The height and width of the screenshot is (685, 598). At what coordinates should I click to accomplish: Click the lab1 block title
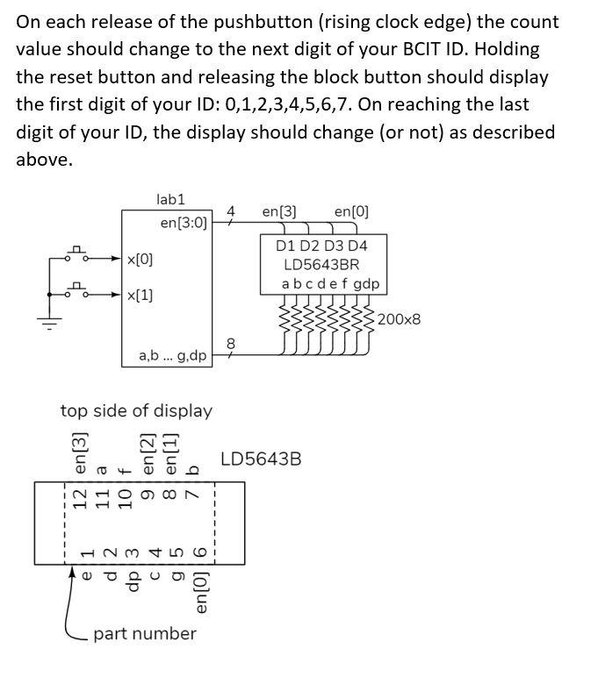click(170, 200)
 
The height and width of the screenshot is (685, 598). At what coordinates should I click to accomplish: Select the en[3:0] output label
click(184, 223)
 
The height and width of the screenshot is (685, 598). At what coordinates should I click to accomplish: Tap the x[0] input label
click(140, 260)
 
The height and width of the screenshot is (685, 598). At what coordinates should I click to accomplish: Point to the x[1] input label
click(140, 296)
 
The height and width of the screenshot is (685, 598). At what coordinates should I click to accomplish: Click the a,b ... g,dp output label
click(173, 356)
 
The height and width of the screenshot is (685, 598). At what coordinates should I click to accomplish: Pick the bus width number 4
click(231, 211)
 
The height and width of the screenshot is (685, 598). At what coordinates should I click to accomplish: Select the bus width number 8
click(231, 343)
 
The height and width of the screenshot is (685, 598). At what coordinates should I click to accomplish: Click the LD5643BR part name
click(321, 264)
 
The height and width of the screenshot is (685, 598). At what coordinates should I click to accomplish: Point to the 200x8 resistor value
click(400, 318)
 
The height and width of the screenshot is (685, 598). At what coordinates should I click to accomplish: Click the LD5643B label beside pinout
click(261, 458)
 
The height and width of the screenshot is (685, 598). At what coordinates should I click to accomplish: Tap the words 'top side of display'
click(136, 410)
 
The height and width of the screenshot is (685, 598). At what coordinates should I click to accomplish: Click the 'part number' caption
click(145, 633)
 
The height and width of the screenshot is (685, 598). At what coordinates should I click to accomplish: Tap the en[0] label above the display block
click(351, 211)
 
